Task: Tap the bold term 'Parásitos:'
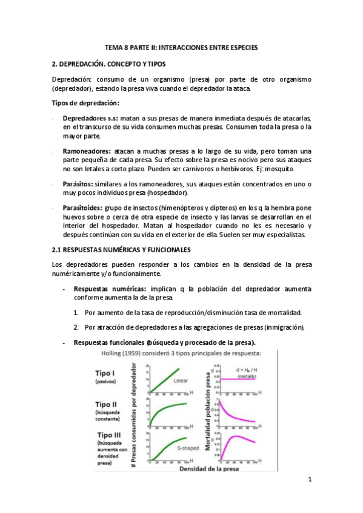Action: [79, 183]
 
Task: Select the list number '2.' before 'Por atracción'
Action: [76, 327]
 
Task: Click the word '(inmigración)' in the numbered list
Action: [284, 327]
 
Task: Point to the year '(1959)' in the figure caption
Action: [134, 354]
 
